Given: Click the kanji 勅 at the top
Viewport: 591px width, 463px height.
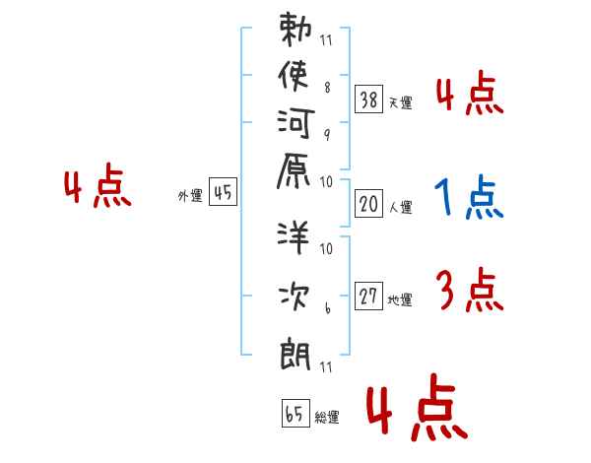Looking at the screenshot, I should click(295, 30).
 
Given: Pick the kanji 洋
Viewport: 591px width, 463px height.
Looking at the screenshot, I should click(295, 236).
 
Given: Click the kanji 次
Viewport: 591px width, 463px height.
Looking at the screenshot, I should click(295, 293).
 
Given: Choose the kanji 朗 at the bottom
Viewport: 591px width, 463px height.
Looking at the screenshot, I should click(295, 350).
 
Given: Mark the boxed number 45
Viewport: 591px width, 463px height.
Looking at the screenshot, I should click(223, 193).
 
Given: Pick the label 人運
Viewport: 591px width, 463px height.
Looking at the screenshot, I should click(399, 208).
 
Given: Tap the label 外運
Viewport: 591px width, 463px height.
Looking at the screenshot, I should click(190, 196).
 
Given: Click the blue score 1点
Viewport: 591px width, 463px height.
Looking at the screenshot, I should click(468, 199).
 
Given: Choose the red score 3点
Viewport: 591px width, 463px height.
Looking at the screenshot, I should click(468, 292).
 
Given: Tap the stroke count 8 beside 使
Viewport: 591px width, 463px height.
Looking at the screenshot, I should click(327, 87).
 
